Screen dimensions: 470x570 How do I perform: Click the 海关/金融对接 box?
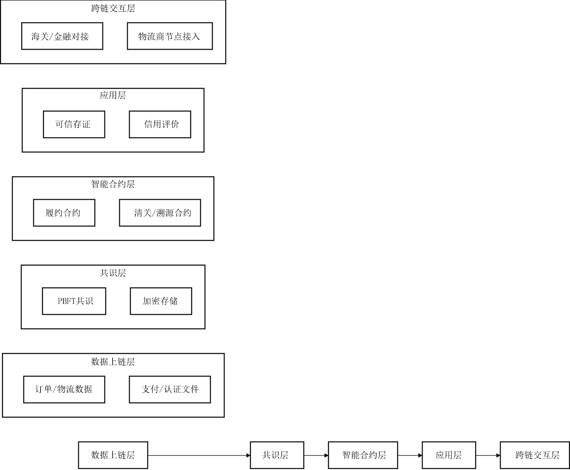[x=62, y=36]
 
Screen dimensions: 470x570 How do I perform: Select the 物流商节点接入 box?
[x=170, y=36]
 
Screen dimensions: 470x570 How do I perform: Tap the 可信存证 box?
[x=74, y=124]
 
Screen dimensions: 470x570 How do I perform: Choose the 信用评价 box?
[x=160, y=124]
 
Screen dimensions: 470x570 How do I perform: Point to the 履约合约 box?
[x=64, y=213]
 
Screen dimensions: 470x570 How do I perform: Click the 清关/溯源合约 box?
[x=160, y=213]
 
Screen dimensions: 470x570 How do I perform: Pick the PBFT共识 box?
[x=74, y=301]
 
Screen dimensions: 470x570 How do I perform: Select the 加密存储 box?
[x=161, y=301]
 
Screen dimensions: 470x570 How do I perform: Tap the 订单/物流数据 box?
[x=64, y=389]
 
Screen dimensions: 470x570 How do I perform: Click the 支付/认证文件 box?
[x=170, y=389]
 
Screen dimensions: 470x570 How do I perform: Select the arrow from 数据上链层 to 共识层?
[x=199, y=455]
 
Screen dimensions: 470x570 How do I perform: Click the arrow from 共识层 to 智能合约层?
[x=316, y=455]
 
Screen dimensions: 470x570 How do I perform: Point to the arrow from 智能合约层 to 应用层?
[x=410, y=455]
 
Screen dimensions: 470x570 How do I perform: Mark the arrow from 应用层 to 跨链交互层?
[x=488, y=455]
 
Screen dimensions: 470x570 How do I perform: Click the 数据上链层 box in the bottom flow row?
[x=113, y=455]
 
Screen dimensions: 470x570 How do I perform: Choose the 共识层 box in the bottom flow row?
[x=277, y=455]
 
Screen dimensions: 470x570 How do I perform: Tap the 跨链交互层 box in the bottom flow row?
[x=535, y=455]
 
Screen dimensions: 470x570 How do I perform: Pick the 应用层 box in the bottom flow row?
[x=449, y=455]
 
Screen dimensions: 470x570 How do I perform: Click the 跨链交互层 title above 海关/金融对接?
[x=113, y=9]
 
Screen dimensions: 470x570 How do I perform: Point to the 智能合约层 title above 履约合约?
[x=113, y=184]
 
